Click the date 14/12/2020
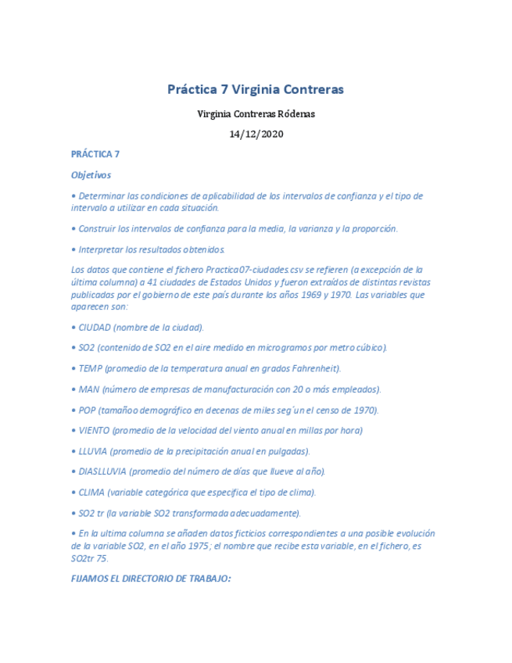click(256, 134)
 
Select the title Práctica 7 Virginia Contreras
click(256, 89)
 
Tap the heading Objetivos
click(91, 175)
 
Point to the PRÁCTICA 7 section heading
click(95, 154)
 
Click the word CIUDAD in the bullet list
click(95, 327)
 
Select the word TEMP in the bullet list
click(91, 368)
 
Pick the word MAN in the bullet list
click(88, 389)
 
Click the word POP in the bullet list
click(88, 410)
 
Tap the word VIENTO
click(94, 430)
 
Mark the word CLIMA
click(91, 493)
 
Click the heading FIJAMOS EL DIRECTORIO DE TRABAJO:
click(151, 579)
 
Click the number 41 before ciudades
click(142, 282)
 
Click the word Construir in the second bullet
click(99, 229)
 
